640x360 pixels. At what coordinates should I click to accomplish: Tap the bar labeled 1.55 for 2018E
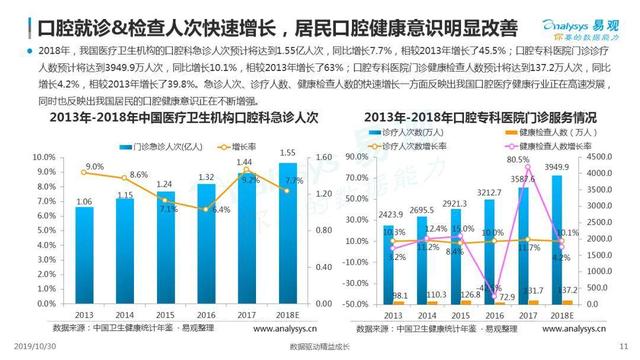288,236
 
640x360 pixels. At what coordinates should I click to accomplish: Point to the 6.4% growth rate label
221,209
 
